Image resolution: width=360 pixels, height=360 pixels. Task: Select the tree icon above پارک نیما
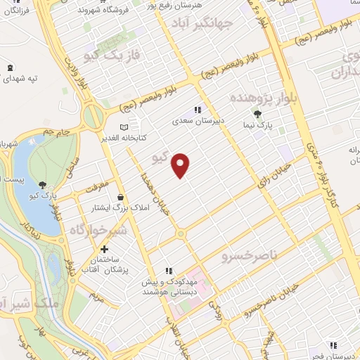(x=259, y=113)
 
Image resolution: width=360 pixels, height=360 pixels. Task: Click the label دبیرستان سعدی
(x=198, y=120)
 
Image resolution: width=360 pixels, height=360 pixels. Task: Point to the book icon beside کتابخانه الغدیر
(x=125, y=127)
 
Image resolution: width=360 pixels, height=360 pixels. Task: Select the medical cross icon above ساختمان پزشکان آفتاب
(x=105, y=249)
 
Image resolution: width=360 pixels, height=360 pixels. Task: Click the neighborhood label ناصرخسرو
(x=246, y=250)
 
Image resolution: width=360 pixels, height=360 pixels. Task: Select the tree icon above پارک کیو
(x=44, y=186)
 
